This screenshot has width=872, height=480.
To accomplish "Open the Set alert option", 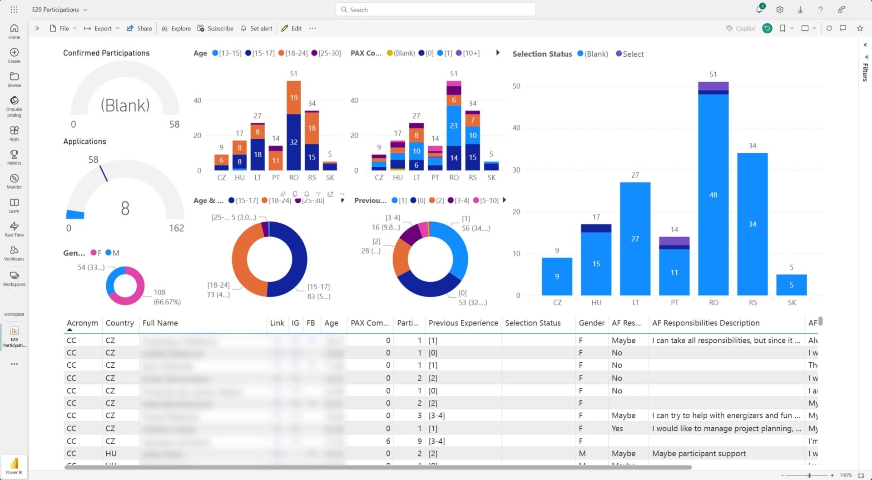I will [x=257, y=28].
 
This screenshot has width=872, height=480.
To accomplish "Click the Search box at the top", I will [x=436, y=10].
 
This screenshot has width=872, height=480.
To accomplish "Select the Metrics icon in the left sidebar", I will [x=14, y=157].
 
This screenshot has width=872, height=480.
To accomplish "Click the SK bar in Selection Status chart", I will [x=791, y=285].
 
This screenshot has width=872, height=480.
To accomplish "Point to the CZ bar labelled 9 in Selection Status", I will [x=557, y=276].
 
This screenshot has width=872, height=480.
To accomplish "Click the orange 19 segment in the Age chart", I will [x=294, y=98].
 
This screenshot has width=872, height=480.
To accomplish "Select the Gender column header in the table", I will [x=591, y=323].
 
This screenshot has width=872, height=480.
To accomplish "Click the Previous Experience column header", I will [x=463, y=323].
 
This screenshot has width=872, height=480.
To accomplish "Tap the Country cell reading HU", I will [x=111, y=453].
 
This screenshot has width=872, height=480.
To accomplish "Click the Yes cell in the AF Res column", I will [x=617, y=428].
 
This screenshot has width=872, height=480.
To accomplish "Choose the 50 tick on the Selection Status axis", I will [x=516, y=86].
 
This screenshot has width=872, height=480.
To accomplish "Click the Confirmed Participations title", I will [x=106, y=53].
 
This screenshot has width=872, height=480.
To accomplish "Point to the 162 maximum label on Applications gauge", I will [x=177, y=228].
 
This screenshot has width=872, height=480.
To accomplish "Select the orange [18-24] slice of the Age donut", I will [x=241, y=259].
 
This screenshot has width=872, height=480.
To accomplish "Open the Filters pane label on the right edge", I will [x=865, y=71].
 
